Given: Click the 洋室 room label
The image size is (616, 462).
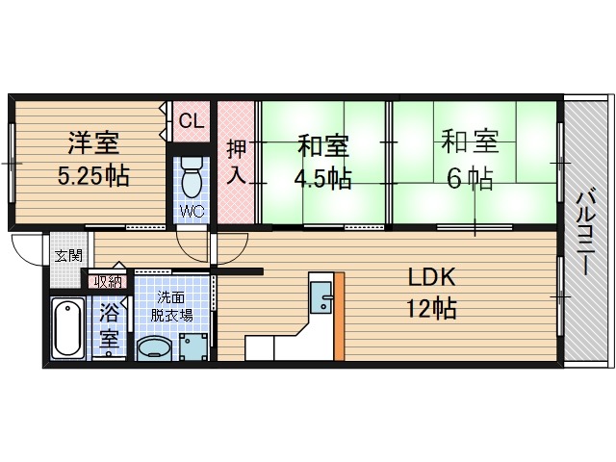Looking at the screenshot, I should point(92,144).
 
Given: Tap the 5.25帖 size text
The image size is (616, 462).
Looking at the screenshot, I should point(92,176).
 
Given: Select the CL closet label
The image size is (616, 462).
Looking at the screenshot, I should point(192,122).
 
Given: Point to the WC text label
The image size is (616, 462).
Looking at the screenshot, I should point(191,211).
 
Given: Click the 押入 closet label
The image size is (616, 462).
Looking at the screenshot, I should point(236,163).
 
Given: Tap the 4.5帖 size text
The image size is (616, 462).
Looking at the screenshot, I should point(323,178).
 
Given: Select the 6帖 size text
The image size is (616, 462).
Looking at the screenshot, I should point(470,177).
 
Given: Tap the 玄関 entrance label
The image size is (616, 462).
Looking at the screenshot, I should point(67,256).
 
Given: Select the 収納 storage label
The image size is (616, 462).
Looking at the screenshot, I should point(108,281).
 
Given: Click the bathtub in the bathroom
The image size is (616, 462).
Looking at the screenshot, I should point(67,328).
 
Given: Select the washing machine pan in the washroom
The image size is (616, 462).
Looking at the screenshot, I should point(192,345).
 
